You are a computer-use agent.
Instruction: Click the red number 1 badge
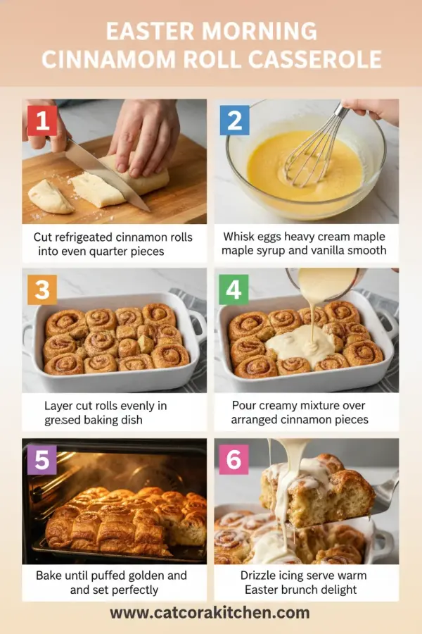[x=41, y=120]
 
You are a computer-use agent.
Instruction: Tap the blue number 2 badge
[x=234, y=120]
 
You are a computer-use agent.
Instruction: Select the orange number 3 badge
[x=41, y=290]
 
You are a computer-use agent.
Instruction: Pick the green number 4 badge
[x=234, y=290]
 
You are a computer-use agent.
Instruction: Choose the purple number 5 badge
[x=41, y=460]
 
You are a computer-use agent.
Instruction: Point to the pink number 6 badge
[x=234, y=460]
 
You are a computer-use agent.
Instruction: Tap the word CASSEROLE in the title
[x=311, y=58]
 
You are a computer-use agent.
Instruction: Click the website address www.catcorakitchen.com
[x=210, y=612]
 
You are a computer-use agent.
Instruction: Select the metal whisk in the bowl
[x=316, y=151]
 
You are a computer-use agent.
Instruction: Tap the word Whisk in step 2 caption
[x=240, y=237]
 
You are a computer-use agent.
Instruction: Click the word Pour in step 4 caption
[x=245, y=406]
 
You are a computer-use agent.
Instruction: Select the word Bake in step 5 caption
[x=50, y=576]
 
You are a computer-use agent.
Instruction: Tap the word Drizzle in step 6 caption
[x=256, y=576]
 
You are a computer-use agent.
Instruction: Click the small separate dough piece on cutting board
[x=49, y=197]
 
